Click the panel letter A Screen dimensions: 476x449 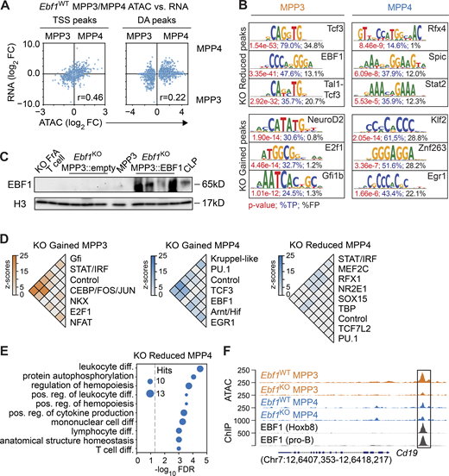click(x=7, y=7)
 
